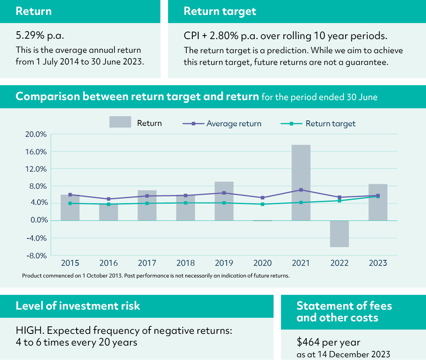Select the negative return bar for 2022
pos(339,234)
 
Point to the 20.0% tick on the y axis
pos(36,134)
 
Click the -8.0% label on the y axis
pos(36,256)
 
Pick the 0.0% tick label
pos(37,220)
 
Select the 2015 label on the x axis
pos(70,263)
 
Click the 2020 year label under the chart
pos(263,263)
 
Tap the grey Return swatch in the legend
pos(120,122)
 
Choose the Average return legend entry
pos(234,124)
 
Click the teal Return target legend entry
pos(330,124)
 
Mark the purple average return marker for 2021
pos(301,190)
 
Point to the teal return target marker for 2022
pos(339,201)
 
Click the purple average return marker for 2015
pos(70,195)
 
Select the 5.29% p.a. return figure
pos(39,36)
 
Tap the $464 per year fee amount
pos(328,342)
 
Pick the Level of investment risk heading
pos(78,306)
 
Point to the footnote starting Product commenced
pos(156,276)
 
